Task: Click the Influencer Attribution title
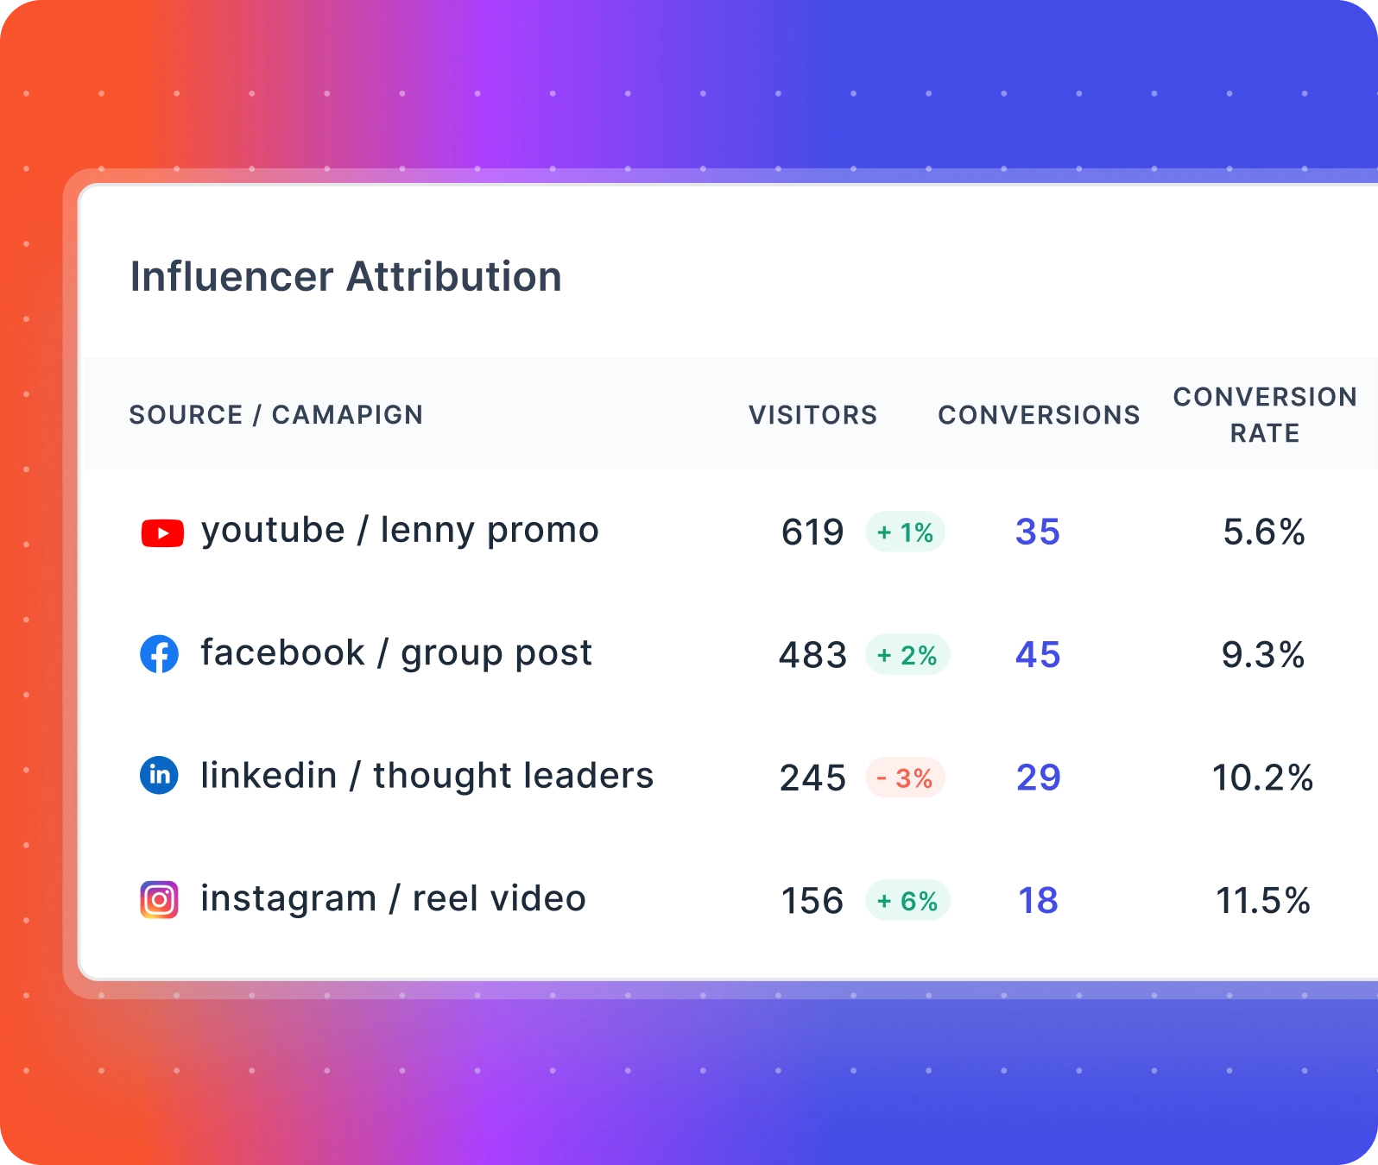(x=345, y=277)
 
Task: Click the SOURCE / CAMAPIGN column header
(x=275, y=415)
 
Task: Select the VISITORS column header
(x=812, y=415)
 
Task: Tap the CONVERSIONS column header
(x=1039, y=415)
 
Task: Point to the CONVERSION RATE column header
(x=1264, y=414)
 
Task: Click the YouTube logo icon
(x=162, y=533)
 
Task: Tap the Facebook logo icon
(x=160, y=655)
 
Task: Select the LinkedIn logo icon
(x=160, y=776)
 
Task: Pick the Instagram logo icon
(x=160, y=900)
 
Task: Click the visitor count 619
(x=812, y=532)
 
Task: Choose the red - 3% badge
(x=905, y=778)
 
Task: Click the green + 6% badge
(x=907, y=901)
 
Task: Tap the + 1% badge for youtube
(x=905, y=532)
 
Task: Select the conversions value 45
(x=1038, y=655)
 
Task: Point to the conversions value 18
(x=1038, y=901)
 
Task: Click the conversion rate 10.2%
(x=1262, y=778)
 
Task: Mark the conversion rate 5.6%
(x=1263, y=532)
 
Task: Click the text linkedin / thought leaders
(x=427, y=776)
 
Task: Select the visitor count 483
(x=812, y=655)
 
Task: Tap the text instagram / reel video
(x=393, y=899)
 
